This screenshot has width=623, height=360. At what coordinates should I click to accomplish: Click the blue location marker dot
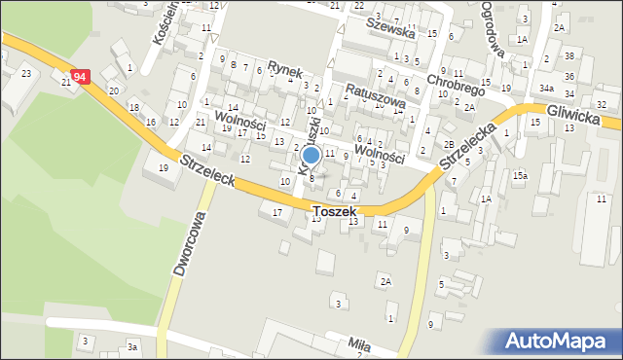pos(311,155)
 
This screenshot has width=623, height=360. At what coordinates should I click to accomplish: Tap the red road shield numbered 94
pos(81,76)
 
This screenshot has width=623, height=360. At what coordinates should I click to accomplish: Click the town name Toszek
pos(335,210)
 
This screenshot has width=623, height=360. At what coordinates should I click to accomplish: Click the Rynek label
pos(287,73)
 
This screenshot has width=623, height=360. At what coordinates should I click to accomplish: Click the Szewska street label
pos(390,31)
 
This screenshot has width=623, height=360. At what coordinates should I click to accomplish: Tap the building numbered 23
pos(25,74)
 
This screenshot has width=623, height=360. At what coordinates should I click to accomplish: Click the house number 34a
pos(548,89)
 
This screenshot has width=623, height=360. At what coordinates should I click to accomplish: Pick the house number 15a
pos(521,175)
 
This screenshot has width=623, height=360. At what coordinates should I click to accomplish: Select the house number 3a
pos(132,346)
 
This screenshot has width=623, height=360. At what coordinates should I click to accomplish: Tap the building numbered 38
pos(569,58)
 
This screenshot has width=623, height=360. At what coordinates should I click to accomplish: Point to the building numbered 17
pos(277,212)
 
